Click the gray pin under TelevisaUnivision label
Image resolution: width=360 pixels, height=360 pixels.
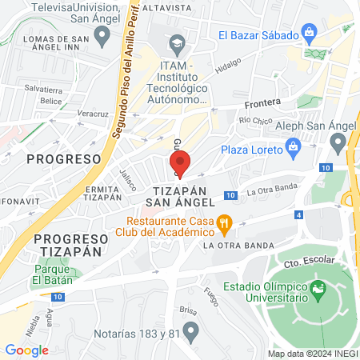click(102, 34)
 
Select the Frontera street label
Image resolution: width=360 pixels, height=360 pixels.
click(263, 102)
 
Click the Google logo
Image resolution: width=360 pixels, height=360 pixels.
click(26, 350)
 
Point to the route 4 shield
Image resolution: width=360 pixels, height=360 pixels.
click(298, 214)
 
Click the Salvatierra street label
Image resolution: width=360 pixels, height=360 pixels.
click(43, 90)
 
